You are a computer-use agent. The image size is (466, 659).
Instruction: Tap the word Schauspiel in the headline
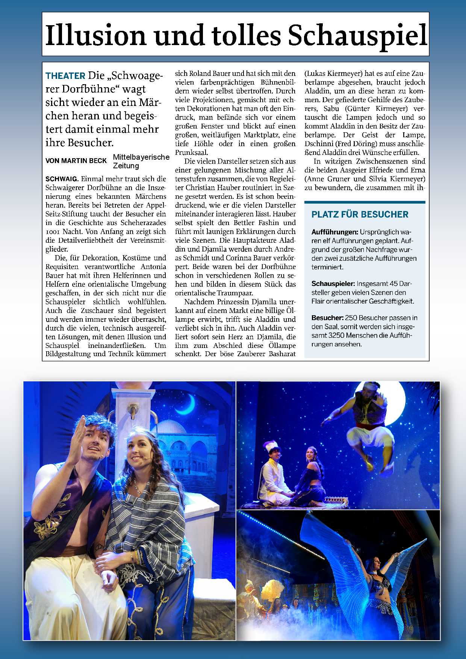pos(357,35)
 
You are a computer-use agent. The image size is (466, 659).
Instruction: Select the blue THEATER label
pos(65,76)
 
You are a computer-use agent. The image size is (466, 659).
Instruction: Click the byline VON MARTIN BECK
pos(76,161)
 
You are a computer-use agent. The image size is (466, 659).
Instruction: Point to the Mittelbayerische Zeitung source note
pos(141,161)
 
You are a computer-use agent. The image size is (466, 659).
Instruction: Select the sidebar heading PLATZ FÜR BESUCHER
pos(360,215)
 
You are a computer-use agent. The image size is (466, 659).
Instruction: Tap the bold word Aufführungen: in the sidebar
pos(334,232)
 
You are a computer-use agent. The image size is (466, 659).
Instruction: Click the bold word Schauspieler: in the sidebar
pos(333,284)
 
